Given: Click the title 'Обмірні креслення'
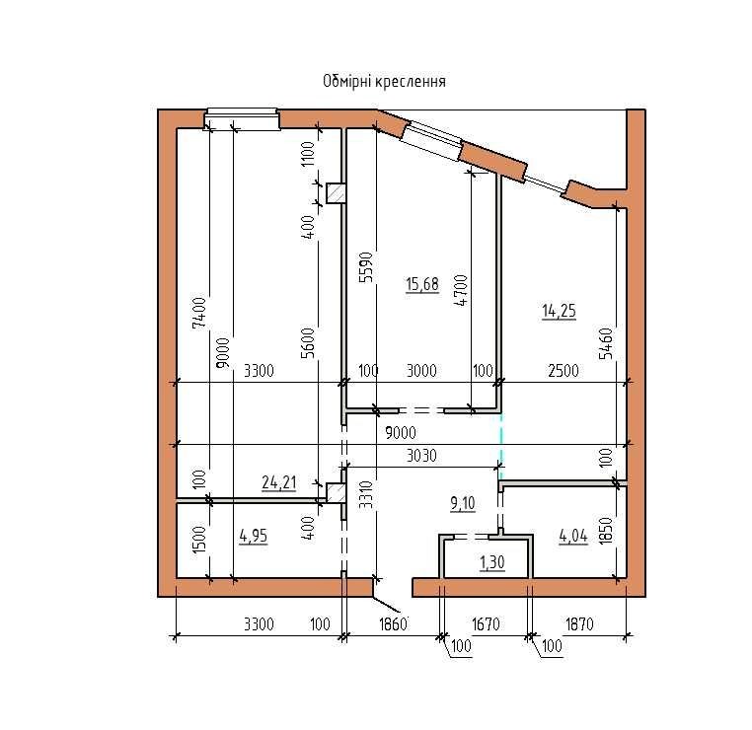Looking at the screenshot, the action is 384,82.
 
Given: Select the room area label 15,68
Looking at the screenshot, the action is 422,284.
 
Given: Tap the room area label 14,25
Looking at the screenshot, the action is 559,311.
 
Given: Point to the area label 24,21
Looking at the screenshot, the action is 278,482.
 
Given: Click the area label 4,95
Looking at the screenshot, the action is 254,536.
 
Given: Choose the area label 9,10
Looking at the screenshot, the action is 463,504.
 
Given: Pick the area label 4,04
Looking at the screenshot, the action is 573,536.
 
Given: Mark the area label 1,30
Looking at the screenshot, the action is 492,562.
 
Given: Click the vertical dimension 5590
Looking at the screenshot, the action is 366,267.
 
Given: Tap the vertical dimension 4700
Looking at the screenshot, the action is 461,290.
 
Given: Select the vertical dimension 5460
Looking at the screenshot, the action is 606,343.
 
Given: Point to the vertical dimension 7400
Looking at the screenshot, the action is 199,313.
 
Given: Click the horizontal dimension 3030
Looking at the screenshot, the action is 421,456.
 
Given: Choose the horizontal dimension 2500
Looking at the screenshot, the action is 564,371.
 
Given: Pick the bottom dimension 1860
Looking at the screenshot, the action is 393,624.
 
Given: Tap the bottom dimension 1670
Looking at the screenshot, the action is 486,624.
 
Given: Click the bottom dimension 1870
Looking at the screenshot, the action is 580,624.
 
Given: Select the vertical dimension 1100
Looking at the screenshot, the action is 308,153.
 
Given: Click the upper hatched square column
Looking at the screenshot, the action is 336,193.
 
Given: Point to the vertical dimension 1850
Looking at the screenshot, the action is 606,530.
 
